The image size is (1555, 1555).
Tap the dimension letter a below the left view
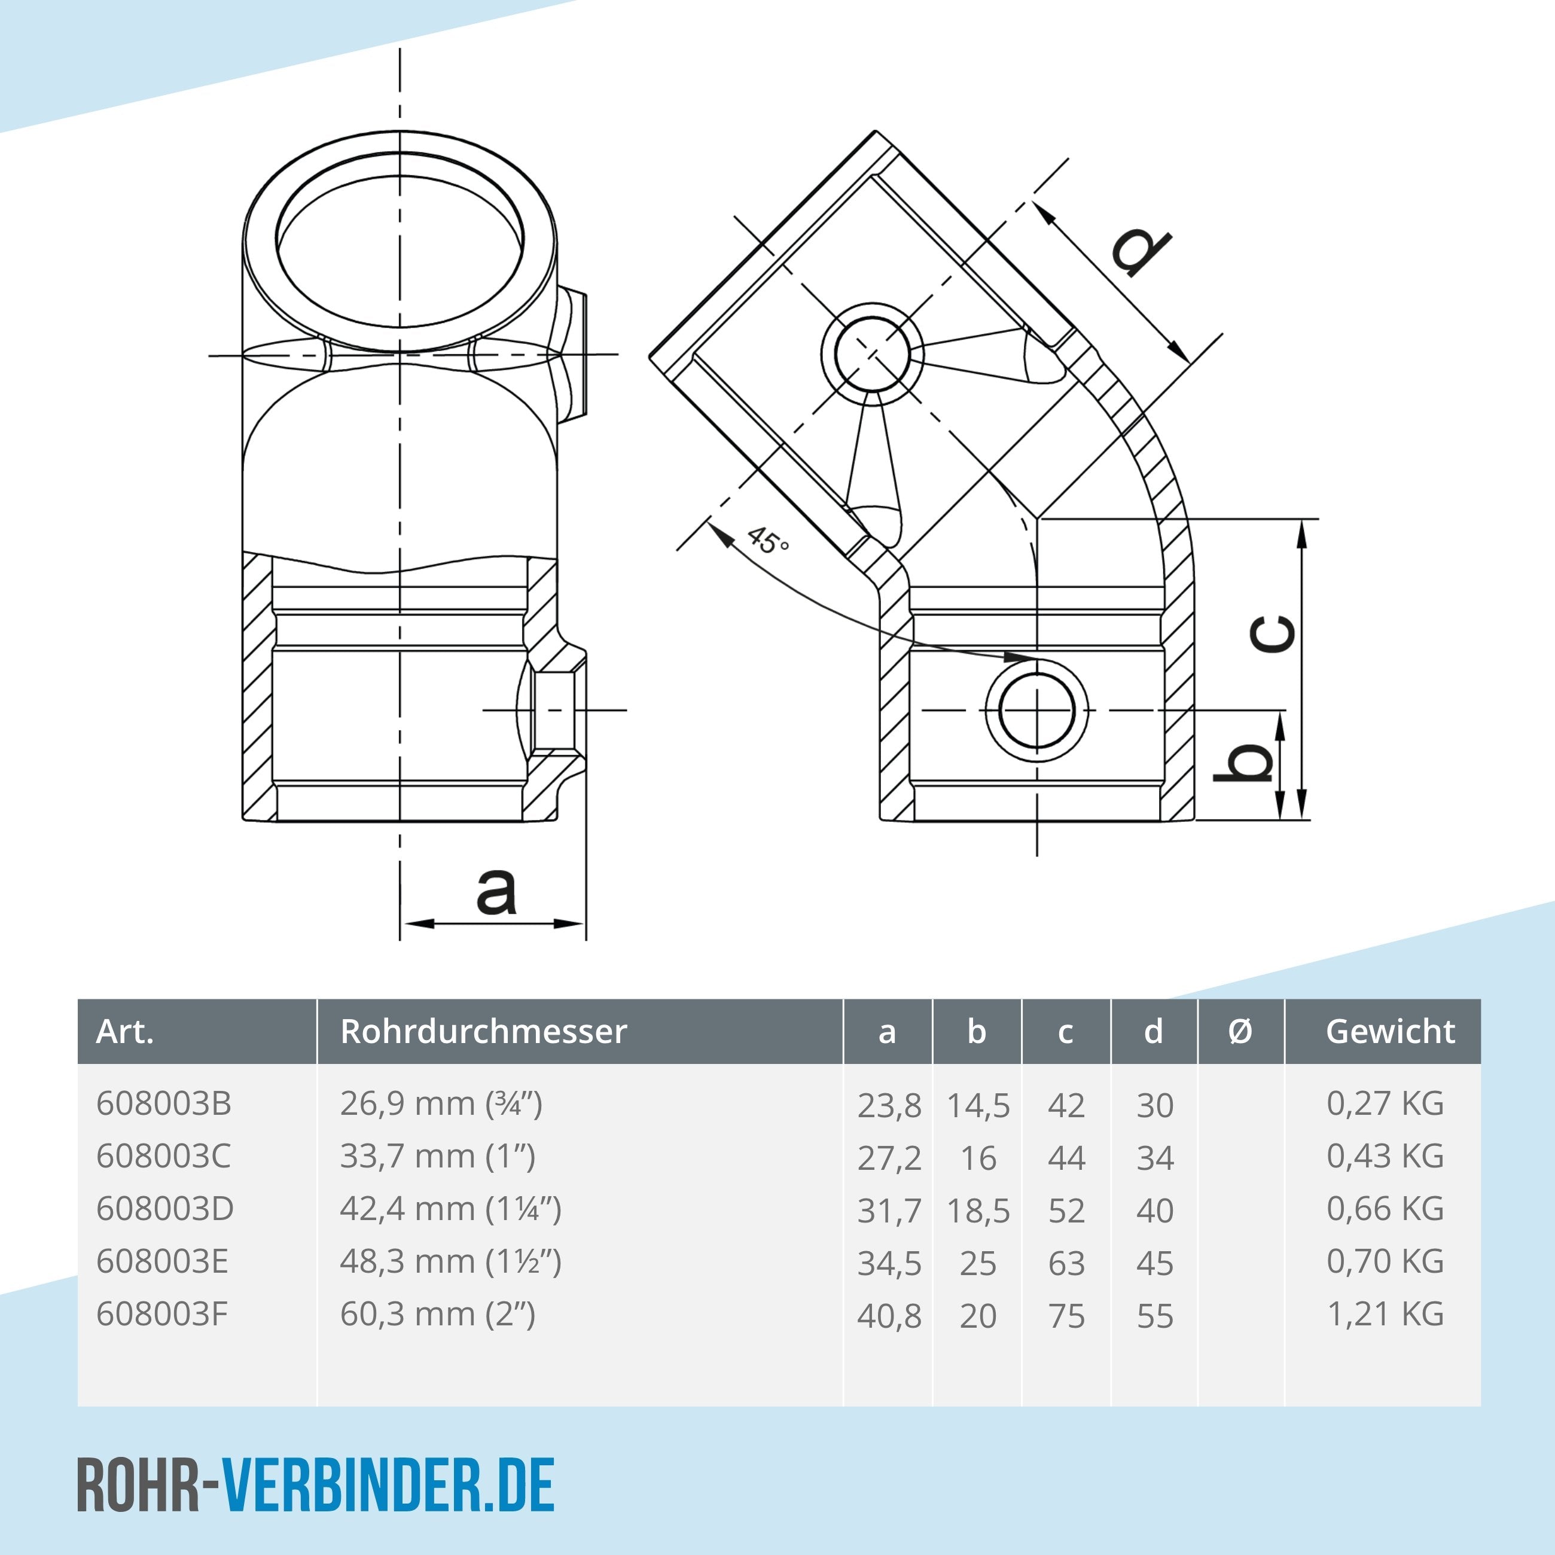tap(496, 891)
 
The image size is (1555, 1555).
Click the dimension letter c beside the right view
tap(1273, 633)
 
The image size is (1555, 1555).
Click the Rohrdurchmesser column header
tap(483, 1031)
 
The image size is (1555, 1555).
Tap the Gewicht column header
tap(1390, 1031)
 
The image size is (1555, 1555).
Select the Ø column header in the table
tap(1240, 1031)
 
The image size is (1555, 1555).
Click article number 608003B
tap(163, 1103)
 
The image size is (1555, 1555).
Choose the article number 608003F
tap(161, 1315)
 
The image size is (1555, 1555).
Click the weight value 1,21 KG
tap(1385, 1315)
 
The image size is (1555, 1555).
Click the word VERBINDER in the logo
tap(352, 1486)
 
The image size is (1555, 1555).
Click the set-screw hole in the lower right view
tap(1036, 711)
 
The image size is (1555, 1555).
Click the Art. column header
tap(125, 1031)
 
